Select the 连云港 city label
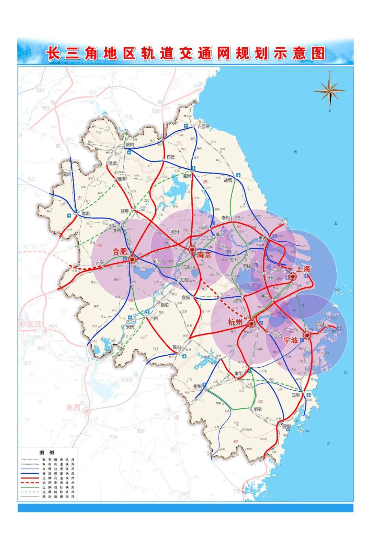point(203,126)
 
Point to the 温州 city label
point(286,427)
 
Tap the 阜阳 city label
point(85,213)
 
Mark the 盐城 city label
point(228,180)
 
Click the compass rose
point(329,91)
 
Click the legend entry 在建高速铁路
point(58,473)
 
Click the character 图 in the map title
point(318,54)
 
